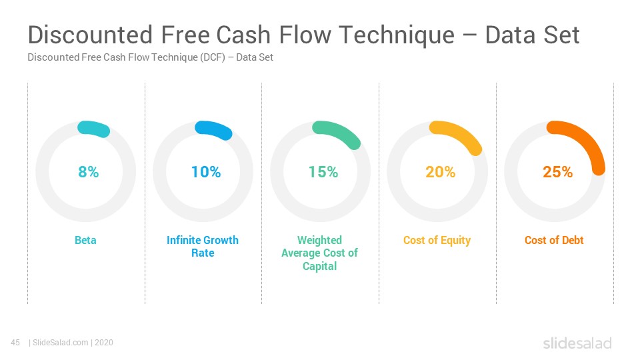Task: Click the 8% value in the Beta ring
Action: (x=89, y=172)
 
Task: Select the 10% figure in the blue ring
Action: (x=206, y=172)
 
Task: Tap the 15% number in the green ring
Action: (x=323, y=172)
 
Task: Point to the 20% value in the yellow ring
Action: (x=441, y=172)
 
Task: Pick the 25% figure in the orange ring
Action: (x=557, y=172)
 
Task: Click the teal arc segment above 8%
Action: (x=94, y=128)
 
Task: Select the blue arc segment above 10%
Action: (x=214, y=129)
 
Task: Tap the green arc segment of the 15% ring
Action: (x=339, y=133)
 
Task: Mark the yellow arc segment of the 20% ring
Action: (x=459, y=135)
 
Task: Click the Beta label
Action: (x=85, y=240)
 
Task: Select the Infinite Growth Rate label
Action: (x=203, y=246)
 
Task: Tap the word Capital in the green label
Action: (x=319, y=266)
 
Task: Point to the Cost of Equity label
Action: (x=437, y=241)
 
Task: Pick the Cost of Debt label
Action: (x=554, y=240)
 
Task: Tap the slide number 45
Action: (x=15, y=343)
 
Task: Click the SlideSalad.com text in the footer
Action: (x=61, y=343)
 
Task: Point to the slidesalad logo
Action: (x=577, y=343)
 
